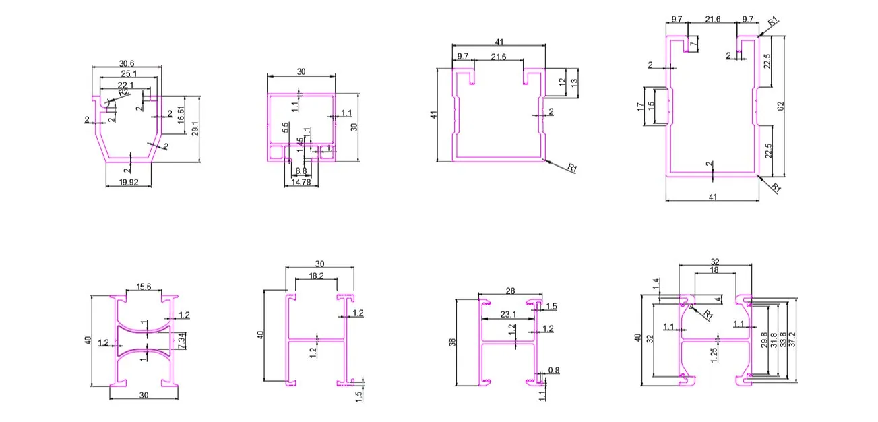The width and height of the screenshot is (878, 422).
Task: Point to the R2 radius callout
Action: pos(123,92)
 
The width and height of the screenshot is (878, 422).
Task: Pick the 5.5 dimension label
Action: pos(286,126)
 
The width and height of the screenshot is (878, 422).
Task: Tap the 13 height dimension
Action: pos(574,82)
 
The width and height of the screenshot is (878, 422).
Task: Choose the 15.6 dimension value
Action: pos(143,287)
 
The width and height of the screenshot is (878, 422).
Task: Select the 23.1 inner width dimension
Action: pos(509,314)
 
